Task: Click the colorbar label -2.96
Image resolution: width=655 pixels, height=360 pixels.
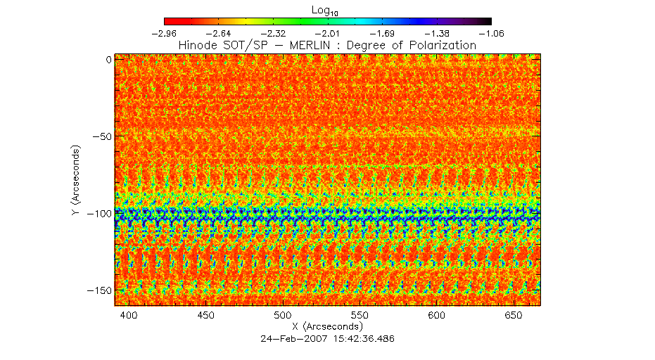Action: [x=163, y=33]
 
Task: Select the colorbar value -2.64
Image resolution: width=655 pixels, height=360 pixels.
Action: [x=218, y=33]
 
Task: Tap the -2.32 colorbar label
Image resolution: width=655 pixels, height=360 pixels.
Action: [x=273, y=33]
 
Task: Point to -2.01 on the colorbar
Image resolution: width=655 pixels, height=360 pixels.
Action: [x=328, y=33]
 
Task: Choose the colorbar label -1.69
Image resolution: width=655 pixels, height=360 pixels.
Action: [x=382, y=33]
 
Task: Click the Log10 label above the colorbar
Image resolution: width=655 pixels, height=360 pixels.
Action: [x=327, y=9]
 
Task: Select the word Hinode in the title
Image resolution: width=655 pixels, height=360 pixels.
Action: [x=200, y=45]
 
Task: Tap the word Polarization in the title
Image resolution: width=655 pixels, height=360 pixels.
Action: [x=441, y=45]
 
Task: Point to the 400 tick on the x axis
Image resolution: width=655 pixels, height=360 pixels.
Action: [x=129, y=316]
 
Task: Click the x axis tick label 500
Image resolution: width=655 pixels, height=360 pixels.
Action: [x=282, y=316]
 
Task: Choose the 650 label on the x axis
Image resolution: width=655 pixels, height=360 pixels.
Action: [x=513, y=316]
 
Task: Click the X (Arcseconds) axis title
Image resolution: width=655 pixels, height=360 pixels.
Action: [x=327, y=327]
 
